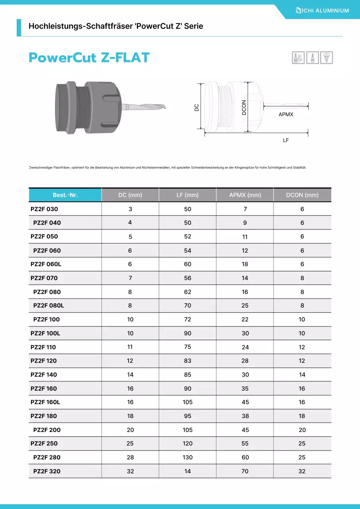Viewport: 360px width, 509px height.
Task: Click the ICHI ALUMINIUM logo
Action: [x=322, y=10]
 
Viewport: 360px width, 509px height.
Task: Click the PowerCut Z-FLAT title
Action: [x=89, y=58]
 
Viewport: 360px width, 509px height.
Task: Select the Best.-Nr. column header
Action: [x=65, y=195]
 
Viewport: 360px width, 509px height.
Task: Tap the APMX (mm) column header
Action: [x=245, y=195]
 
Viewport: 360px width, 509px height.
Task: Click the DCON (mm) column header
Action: [x=302, y=195]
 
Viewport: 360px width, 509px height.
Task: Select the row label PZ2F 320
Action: [x=47, y=471]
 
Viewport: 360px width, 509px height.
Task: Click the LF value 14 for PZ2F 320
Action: [x=187, y=471]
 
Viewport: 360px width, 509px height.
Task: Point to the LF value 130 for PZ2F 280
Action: [x=187, y=457]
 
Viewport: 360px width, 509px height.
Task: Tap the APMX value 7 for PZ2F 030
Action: [x=245, y=209]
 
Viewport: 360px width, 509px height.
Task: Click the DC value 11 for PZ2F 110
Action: [x=130, y=347]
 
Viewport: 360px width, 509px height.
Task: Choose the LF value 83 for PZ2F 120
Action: [x=187, y=361]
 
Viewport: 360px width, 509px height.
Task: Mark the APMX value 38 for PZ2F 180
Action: [x=245, y=416]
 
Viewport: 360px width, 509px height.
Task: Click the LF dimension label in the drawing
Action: [x=286, y=140]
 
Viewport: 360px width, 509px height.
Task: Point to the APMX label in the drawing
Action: [x=286, y=115]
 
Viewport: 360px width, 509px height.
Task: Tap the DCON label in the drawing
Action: [x=244, y=107]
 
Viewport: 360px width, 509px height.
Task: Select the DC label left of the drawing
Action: [x=197, y=107]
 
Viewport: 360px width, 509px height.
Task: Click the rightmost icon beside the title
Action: [x=327, y=58]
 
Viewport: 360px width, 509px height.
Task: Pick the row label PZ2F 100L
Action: [x=45, y=333]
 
